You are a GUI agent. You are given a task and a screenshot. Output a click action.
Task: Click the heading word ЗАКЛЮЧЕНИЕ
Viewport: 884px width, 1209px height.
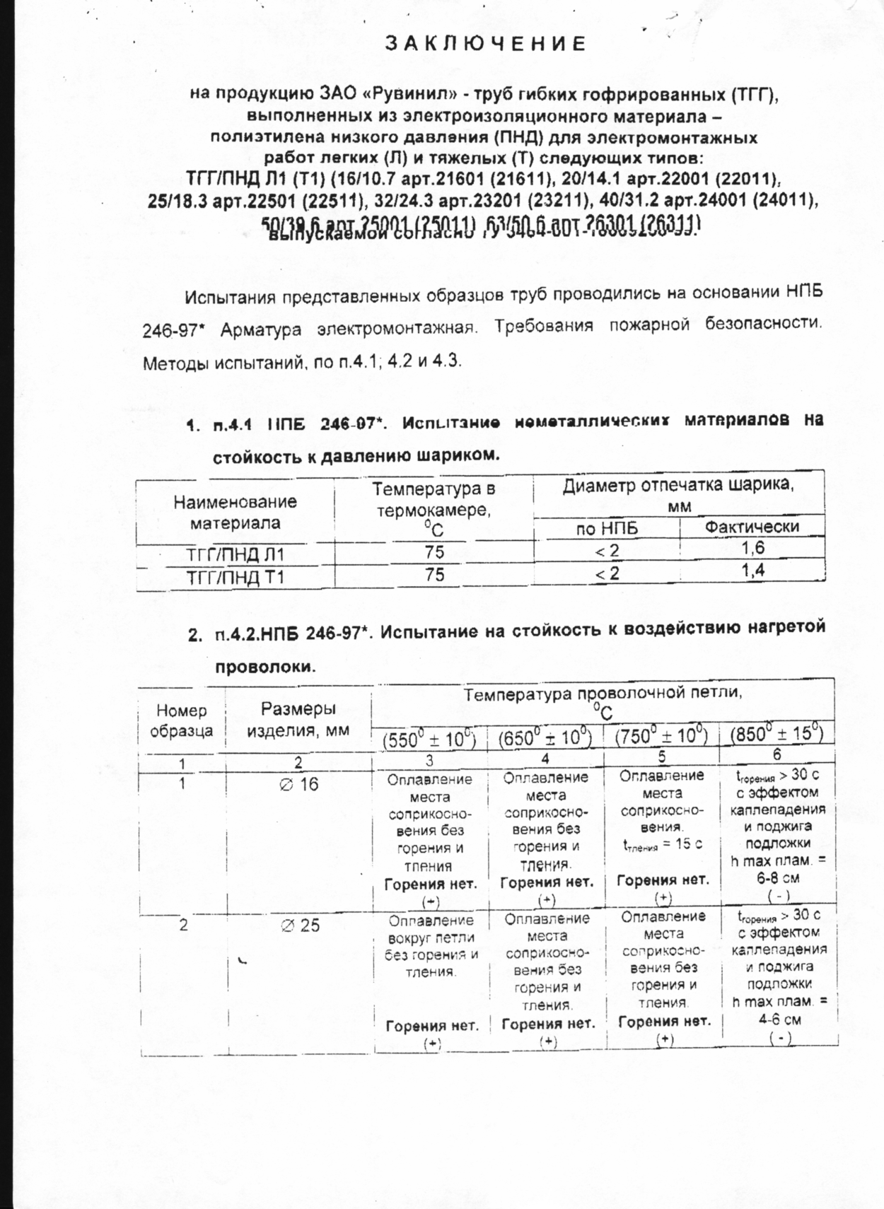coord(486,44)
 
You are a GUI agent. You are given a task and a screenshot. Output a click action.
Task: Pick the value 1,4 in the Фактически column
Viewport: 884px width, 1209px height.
coord(753,571)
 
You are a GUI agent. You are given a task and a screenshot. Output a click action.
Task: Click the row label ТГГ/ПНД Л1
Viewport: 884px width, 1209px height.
coord(235,555)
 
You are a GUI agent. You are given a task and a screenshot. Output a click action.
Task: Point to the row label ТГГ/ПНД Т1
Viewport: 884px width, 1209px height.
coord(235,578)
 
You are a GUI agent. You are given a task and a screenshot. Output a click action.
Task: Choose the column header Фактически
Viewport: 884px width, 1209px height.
coord(752,526)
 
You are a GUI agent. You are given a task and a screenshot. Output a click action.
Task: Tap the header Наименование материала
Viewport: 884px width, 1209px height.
coord(235,513)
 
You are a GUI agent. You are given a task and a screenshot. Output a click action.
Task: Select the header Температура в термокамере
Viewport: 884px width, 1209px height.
coord(434,508)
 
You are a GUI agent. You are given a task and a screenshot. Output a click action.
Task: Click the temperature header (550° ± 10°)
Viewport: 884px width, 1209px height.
coord(429,738)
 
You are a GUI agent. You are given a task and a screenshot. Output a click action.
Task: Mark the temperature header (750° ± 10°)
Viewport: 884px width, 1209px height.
coord(661,736)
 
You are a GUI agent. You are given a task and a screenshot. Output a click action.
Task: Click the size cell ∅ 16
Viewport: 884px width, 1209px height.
coord(299,784)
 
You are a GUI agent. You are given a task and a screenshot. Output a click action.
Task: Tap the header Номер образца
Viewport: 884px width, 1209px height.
coord(182,720)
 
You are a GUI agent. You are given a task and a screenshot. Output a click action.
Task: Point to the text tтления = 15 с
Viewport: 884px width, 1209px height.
coord(662,844)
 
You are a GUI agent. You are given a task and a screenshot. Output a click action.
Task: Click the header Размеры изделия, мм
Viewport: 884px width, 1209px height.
coord(298,719)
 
